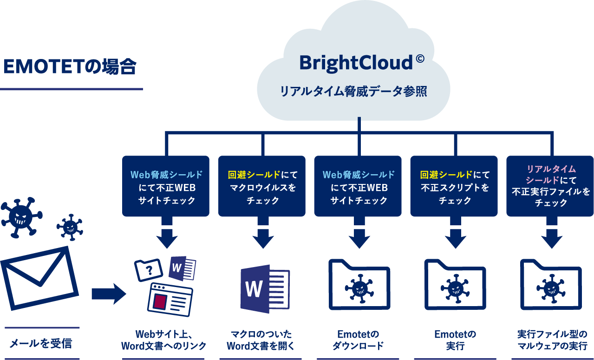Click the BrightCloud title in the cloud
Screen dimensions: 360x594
point(355,62)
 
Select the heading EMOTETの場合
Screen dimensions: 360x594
point(70,66)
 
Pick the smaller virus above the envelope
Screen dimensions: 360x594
point(70,227)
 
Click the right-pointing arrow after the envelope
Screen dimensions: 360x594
point(109,294)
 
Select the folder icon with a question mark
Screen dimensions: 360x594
point(148,270)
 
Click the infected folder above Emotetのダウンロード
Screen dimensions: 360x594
point(359,285)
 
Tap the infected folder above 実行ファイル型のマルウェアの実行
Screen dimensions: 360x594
point(551,285)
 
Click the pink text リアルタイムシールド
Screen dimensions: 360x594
point(550,174)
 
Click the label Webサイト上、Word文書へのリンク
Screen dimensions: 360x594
point(163,340)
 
